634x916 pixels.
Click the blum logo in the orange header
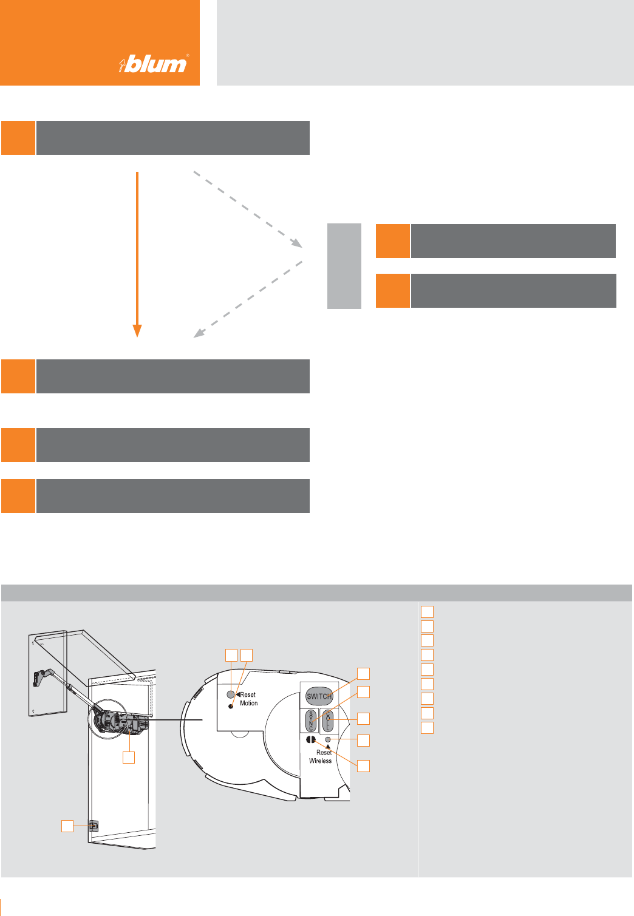click(154, 63)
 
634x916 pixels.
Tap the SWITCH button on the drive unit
click(319, 696)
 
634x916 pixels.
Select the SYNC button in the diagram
click(312, 720)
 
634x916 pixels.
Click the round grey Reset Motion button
click(231, 694)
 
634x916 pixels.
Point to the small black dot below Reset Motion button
click(231, 707)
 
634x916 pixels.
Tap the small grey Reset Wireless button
click(329, 739)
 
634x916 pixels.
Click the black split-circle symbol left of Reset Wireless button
click(311, 740)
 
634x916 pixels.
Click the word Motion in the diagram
click(249, 704)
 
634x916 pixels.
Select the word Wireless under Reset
click(321, 761)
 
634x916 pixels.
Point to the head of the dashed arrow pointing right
click(297, 243)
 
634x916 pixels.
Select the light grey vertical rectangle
click(344, 266)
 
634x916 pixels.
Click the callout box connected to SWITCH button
click(363, 673)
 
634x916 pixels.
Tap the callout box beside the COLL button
click(363, 718)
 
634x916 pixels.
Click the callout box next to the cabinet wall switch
click(67, 826)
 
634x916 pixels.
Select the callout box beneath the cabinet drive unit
click(129, 757)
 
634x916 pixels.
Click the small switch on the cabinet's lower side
click(93, 826)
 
